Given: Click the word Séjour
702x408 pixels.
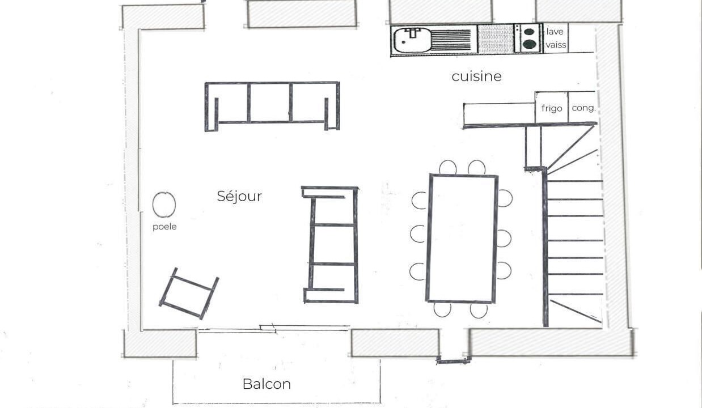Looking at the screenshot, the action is pyautogui.click(x=239, y=196).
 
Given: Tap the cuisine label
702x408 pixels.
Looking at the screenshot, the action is pyautogui.click(x=476, y=76).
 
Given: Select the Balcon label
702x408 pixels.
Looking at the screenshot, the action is pyautogui.click(x=267, y=384).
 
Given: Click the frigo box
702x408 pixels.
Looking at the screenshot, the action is pyautogui.click(x=551, y=107).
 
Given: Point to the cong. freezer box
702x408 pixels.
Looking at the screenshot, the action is pyautogui.click(x=582, y=107).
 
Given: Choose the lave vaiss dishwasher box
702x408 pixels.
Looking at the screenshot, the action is pyautogui.click(x=555, y=38).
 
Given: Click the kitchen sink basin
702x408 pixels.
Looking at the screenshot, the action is pyautogui.click(x=412, y=40).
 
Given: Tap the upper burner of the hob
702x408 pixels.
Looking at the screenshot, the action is pyautogui.click(x=529, y=32).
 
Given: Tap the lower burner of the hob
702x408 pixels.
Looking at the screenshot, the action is pyautogui.click(x=529, y=44).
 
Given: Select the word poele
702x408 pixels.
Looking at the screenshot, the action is pyautogui.click(x=164, y=227).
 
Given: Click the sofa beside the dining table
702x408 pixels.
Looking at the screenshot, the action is pyautogui.click(x=356, y=245).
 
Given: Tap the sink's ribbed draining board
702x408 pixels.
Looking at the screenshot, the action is pyautogui.click(x=451, y=40).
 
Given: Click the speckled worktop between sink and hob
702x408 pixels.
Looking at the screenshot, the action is pyautogui.click(x=496, y=39).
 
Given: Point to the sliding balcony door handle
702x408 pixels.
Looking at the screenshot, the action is pyautogui.click(x=268, y=328).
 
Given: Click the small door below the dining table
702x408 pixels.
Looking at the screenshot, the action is pyautogui.click(x=454, y=362).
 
